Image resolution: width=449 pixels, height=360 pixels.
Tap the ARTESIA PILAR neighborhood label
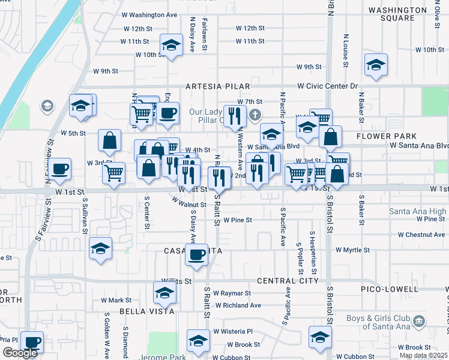point(209,86)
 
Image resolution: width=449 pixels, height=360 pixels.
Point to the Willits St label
point(176,281)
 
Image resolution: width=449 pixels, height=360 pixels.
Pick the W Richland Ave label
point(238,305)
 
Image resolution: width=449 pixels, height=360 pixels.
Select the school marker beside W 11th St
point(171,45)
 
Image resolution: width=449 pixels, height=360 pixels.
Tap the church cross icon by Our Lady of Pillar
point(256,115)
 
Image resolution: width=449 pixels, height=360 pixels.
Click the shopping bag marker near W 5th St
point(110,140)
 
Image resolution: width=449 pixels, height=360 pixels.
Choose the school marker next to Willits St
point(164,293)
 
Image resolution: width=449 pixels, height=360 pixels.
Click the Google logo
point(20,353)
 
